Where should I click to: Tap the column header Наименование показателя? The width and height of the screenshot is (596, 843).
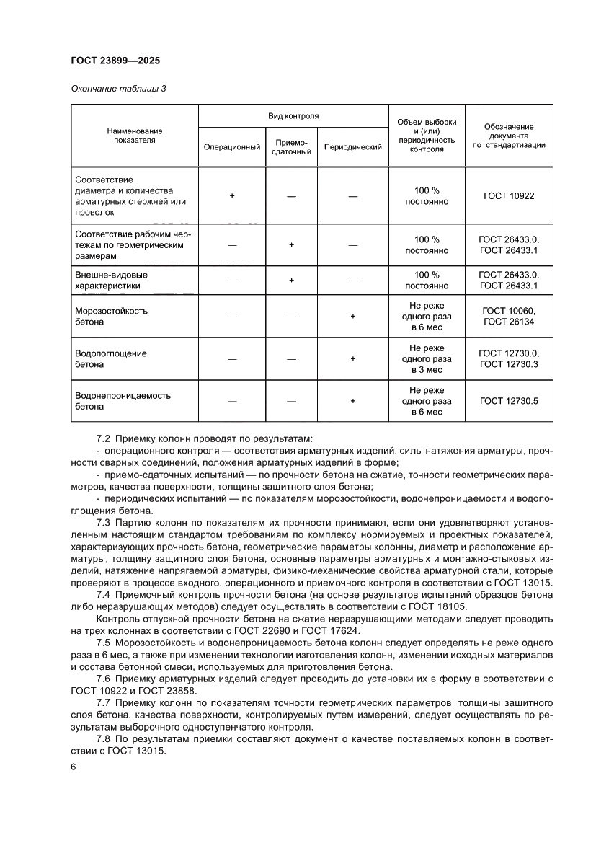coord(134,136)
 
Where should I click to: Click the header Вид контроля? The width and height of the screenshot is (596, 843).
coord(293,115)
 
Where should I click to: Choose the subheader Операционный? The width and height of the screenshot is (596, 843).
coord(232,147)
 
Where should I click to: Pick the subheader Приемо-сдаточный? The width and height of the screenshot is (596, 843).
coord(291,147)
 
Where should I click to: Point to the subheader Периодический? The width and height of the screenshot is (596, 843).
coord(352,147)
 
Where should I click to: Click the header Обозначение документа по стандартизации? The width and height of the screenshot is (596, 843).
coord(509,136)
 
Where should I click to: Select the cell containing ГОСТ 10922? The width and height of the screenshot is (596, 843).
coord(509,195)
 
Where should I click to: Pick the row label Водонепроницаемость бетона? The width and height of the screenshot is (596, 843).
coord(123,400)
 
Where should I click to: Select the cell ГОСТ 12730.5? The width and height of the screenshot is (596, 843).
coord(509,400)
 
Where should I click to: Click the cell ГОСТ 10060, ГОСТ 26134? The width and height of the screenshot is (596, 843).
coord(509,317)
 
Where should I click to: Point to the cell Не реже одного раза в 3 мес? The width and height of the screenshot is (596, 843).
coord(427,358)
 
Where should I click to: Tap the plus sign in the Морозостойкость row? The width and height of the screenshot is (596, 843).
coord(352,317)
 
